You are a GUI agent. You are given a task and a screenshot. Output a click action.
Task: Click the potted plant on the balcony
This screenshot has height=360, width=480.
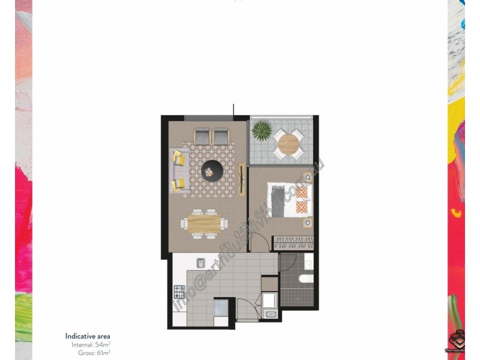point(262,130)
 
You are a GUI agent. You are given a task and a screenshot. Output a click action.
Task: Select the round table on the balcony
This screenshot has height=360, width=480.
point(288,144)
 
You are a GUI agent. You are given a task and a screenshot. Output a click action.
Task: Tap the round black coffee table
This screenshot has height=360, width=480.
point(212,170)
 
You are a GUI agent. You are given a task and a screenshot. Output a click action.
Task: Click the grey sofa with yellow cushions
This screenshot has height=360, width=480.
point(178,170)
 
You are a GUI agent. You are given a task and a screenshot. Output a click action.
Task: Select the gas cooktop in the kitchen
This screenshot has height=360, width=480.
point(179,292)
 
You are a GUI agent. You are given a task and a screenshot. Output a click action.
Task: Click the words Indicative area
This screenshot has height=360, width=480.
point(88,336)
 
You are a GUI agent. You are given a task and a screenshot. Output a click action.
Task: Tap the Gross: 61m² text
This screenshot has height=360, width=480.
point(94,353)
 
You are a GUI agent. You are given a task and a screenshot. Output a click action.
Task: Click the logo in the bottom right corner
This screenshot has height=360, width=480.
point(459,341)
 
